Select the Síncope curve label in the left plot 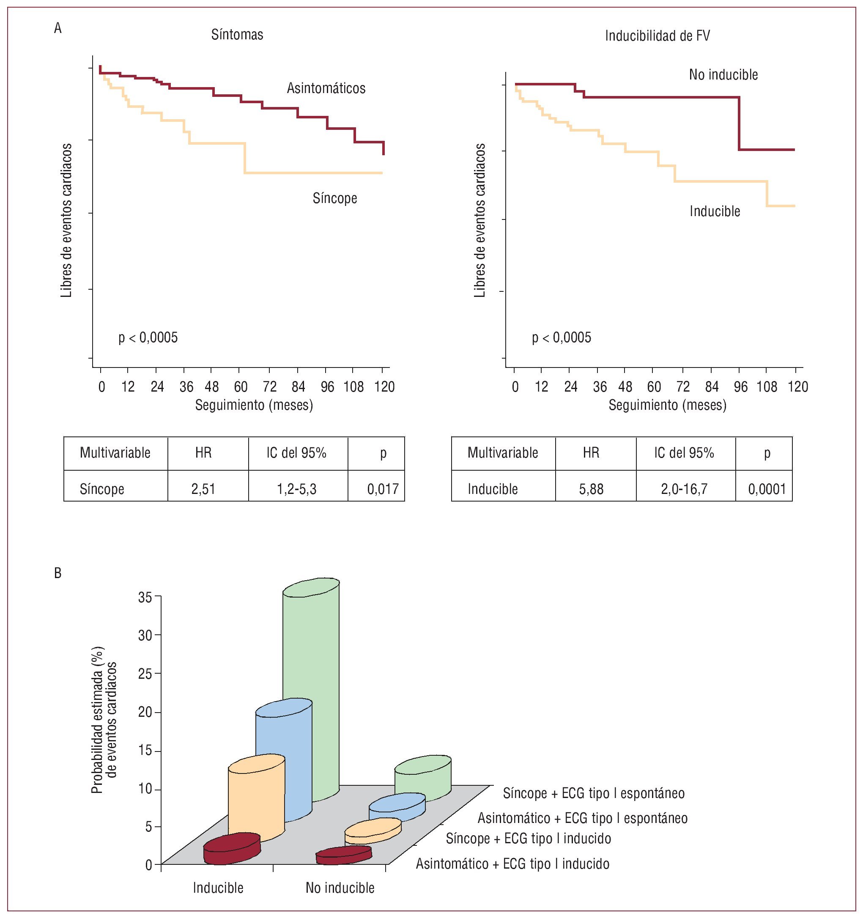tap(334, 198)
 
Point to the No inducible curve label tap(723, 75)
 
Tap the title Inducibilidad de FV tap(657, 36)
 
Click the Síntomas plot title tap(237, 35)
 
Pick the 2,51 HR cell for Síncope tap(203, 488)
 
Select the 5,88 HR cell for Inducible tap(591, 488)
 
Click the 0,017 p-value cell tap(382, 488)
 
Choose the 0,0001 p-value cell tap(767, 488)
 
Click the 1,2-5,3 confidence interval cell tap(296, 488)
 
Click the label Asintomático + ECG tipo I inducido tap(512, 864)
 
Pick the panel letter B tap(58, 573)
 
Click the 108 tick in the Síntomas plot tap(353, 387)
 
